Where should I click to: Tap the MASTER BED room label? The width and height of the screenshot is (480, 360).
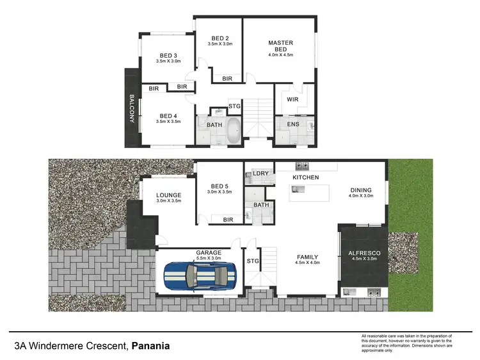coord(280,47)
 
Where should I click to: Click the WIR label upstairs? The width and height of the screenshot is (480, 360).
coord(292,99)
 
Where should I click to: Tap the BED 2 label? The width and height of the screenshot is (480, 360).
coord(219,37)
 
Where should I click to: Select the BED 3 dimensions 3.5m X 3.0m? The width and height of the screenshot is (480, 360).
coord(168,61)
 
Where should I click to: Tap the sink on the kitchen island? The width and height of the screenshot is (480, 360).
coord(297,190)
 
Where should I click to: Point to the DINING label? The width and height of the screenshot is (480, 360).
coord(360,190)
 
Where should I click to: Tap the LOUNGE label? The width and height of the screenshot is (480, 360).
coord(169,195)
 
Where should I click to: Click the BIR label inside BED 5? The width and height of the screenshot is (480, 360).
coord(228,220)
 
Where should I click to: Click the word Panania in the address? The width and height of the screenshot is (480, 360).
coord(150,347)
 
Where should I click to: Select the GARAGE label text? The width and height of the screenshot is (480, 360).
coord(209,252)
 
